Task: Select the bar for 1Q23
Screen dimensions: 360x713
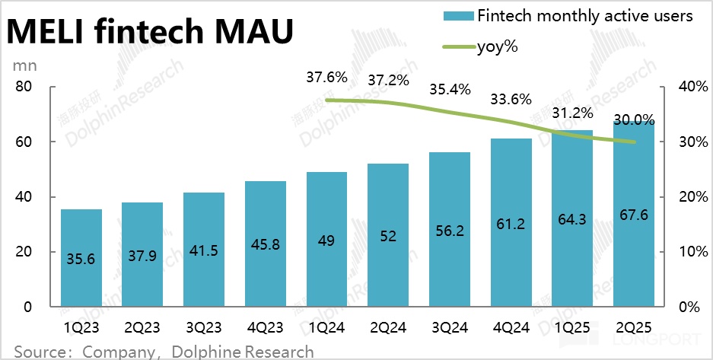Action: tap(81, 258)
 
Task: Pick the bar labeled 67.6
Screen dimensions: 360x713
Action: tap(634, 214)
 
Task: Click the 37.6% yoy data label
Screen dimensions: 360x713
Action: tap(326, 77)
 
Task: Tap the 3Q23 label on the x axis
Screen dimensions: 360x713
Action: tap(203, 330)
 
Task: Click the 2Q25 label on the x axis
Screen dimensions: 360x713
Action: tap(634, 330)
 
